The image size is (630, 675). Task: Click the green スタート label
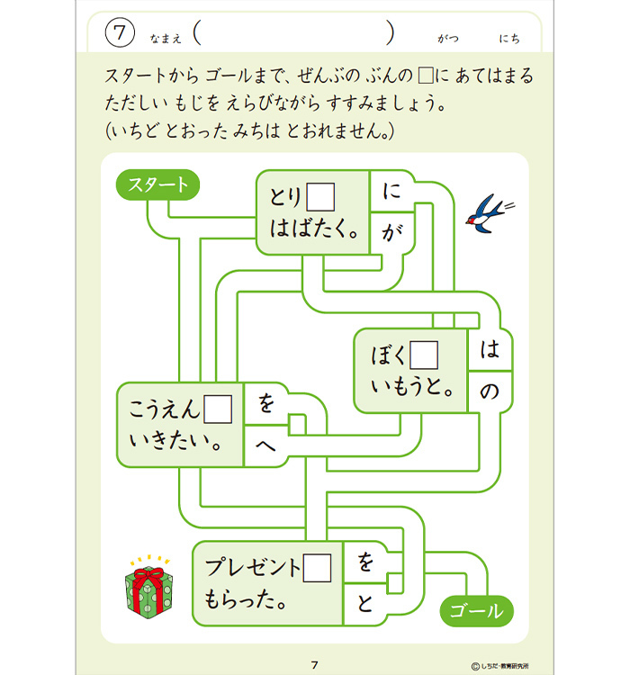point(157,184)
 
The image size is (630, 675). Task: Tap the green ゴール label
point(476,611)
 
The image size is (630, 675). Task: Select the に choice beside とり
point(391,191)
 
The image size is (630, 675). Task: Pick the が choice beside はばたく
point(391,232)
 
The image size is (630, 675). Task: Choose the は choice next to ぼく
point(490,349)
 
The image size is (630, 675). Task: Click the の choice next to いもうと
point(490,391)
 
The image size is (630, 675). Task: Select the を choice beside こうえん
point(266,403)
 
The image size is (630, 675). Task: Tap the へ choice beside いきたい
point(265,445)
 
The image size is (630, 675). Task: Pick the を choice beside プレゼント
point(365,562)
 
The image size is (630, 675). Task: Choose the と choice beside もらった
point(364,603)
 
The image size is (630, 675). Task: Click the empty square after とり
point(320,197)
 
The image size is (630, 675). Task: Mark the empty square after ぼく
point(424,355)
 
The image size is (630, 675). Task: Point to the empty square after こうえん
point(218,409)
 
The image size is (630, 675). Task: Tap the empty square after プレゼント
point(318,568)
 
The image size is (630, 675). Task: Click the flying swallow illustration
point(489,213)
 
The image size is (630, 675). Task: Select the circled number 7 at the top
point(120,32)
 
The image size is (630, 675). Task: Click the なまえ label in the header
point(166,39)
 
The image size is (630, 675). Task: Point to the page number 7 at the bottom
point(315,665)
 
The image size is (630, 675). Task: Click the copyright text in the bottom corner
point(500,666)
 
